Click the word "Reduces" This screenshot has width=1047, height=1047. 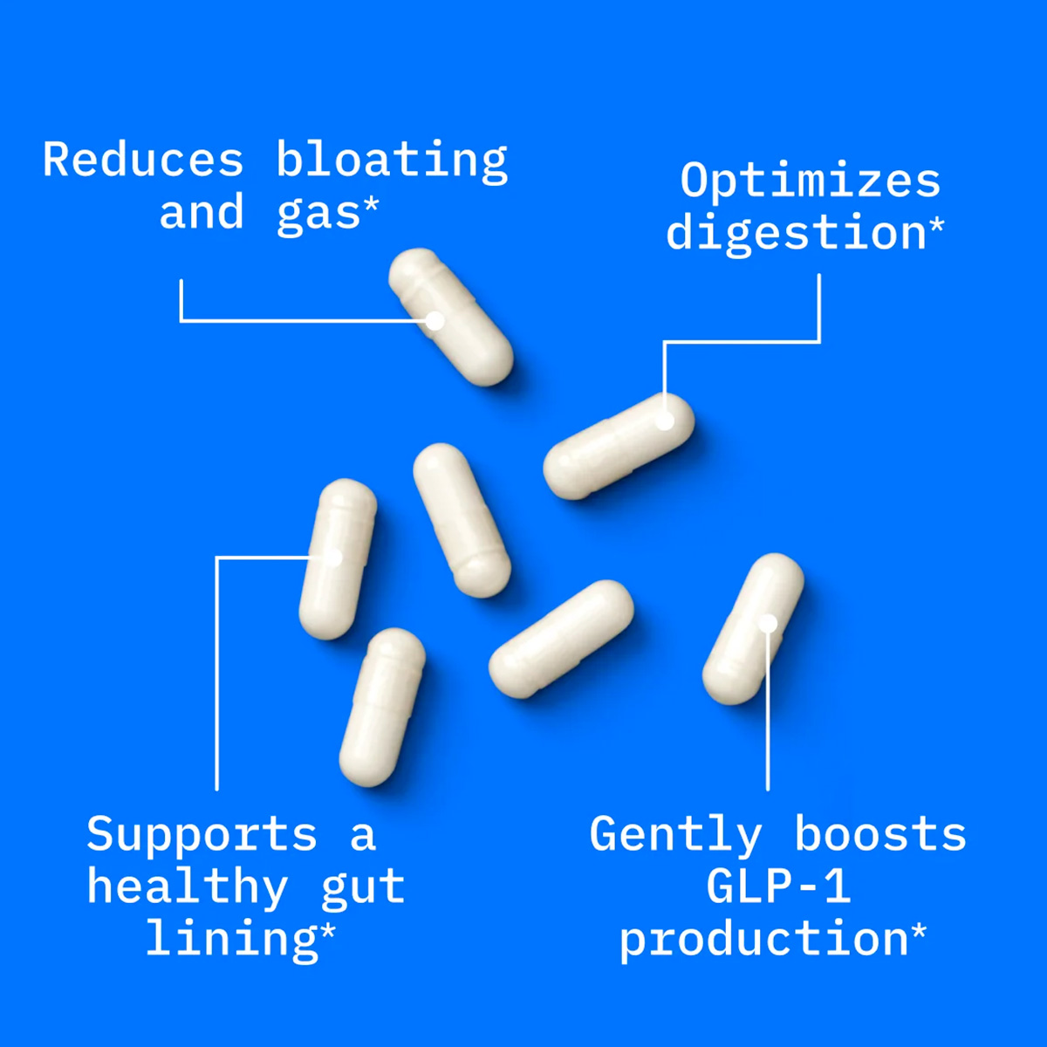143,159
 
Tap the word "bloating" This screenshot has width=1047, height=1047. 393,162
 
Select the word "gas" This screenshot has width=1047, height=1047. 318,216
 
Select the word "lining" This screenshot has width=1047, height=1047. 232,941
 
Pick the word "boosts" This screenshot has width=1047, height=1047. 880,835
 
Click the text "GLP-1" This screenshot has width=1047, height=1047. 778,886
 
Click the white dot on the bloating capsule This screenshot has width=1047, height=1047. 435,321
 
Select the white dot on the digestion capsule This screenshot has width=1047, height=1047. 665,421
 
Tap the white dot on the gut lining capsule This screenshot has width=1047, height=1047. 333,558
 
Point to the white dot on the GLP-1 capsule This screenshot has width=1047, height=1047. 768,624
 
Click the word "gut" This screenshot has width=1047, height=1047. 363,892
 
